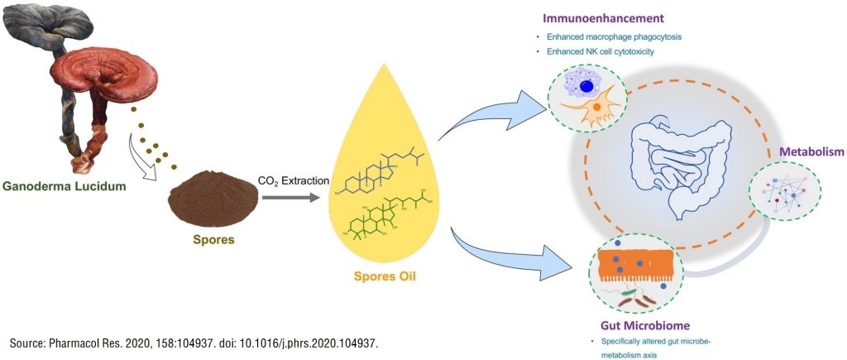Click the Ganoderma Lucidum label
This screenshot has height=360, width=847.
[x=64, y=186]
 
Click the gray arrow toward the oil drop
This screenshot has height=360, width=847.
[x=290, y=198]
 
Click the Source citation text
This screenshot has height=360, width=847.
[x=198, y=343]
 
